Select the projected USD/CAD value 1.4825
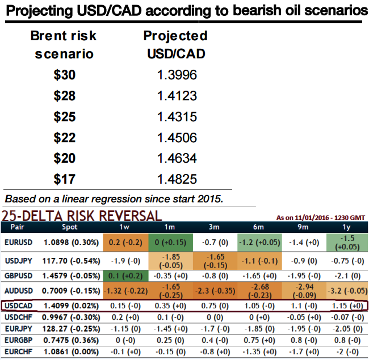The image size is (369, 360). [x=177, y=180]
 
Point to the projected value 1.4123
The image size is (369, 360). [x=177, y=96]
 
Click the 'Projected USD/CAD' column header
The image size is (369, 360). [x=175, y=45]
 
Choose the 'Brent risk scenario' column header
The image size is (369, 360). [x=64, y=45]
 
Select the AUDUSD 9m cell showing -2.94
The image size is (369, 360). [x=297, y=290]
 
